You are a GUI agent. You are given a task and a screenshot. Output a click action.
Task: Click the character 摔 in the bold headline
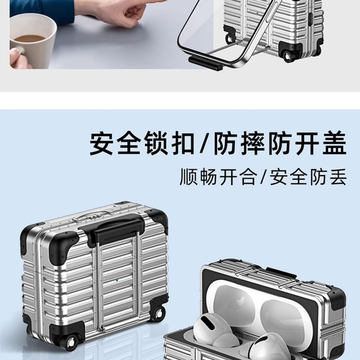(252, 143)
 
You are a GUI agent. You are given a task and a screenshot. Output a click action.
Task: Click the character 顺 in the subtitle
(188, 176)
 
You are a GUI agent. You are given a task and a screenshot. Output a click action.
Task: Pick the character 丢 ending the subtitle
(338, 176)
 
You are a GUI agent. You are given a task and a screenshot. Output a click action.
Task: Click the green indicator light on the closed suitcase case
(117, 280)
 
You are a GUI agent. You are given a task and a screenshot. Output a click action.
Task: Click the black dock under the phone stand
(205, 63)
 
